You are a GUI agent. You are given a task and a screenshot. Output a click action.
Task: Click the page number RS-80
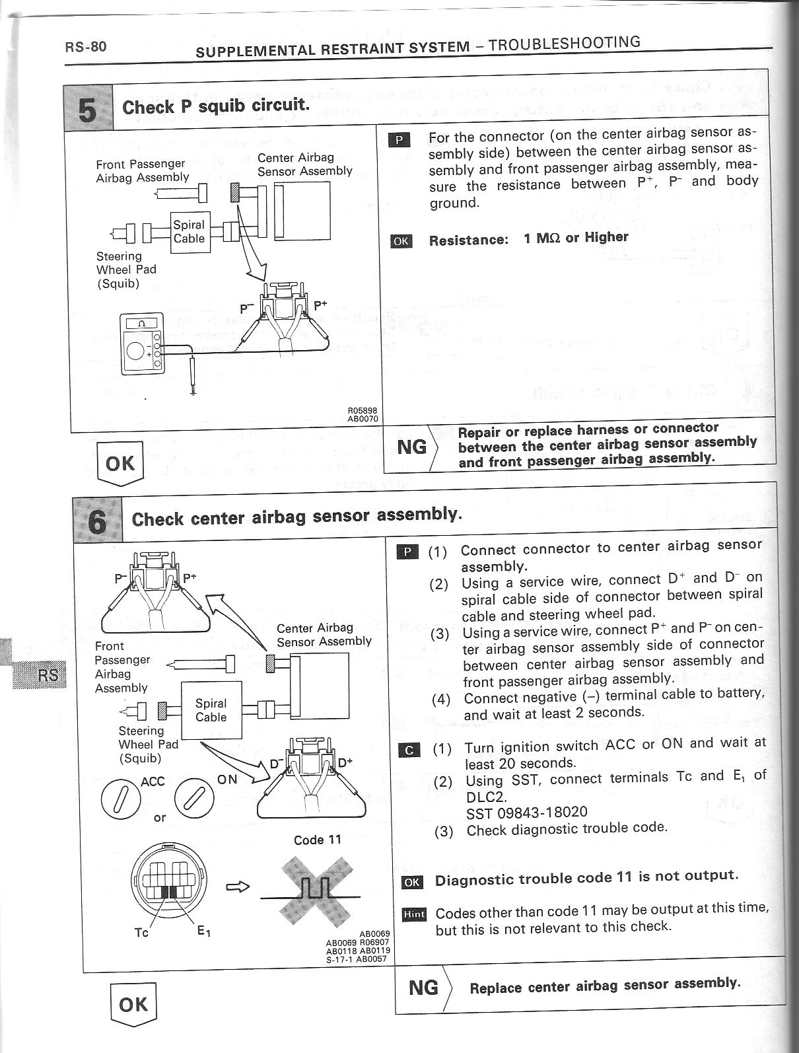(x=85, y=47)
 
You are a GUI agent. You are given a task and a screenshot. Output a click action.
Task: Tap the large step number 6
(x=97, y=522)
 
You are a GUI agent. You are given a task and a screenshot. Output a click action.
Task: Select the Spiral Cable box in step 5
(x=190, y=232)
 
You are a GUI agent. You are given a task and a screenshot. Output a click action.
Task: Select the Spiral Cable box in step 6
(x=211, y=710)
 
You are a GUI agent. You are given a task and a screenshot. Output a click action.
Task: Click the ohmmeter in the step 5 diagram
(x=139, y=345)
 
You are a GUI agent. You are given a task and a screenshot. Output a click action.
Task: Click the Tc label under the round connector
(x=141, y=933)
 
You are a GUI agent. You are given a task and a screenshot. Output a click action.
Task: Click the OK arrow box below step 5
(x=120, y=464)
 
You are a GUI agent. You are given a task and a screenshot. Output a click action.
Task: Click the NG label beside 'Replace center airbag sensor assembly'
(x=423, y=988)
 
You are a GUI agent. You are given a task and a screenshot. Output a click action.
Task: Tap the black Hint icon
(x=414, y=915)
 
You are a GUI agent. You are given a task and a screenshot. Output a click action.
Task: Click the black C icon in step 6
(x=410, y=750)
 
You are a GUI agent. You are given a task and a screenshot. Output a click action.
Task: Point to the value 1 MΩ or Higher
(x=575, y=238)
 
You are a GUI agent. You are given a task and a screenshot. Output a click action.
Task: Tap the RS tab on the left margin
(x=48, y=675)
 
